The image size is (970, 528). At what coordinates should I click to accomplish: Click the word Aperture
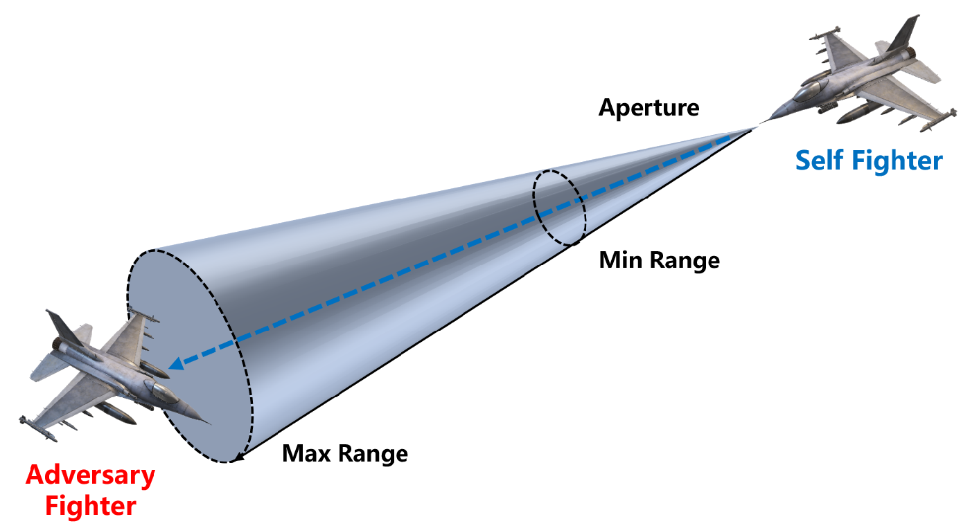[649, 108]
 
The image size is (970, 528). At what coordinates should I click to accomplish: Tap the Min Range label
[659, 260]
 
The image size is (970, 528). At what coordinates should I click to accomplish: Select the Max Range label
[344, 454]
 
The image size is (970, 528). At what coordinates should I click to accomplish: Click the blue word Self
[820, 161]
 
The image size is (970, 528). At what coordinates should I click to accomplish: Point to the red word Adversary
[90, 475]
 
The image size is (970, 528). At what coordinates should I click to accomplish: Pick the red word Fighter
[90, 506]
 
